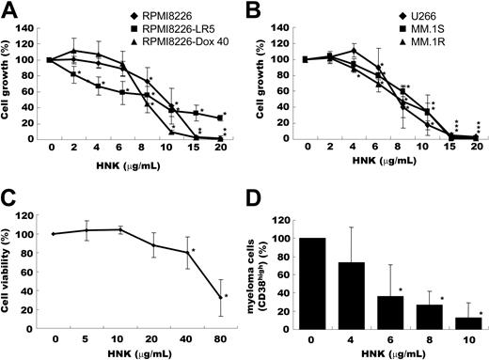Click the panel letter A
click(x=9, y=10)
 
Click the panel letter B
click(x=257, y=10)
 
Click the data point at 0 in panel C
click(x=54, y=233)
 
